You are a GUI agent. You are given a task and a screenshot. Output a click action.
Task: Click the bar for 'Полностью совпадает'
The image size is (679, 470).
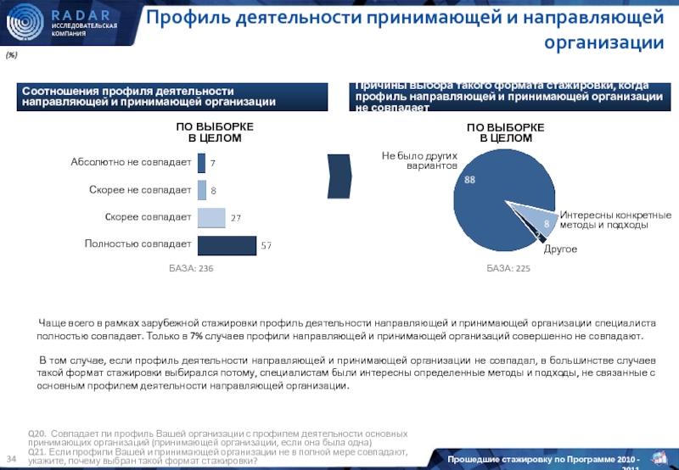click(227, 245)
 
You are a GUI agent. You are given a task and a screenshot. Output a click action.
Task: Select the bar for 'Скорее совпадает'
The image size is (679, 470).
click(211, 218)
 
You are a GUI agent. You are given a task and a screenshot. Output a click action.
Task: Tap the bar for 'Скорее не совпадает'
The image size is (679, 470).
click(202, 190)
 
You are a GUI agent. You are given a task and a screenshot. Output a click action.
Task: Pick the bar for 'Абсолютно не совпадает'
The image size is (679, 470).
click(201, 162)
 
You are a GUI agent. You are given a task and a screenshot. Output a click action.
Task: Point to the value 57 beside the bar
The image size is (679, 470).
click(266, 246)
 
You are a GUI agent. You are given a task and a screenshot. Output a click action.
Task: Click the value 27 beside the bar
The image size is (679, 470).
click(235, 219)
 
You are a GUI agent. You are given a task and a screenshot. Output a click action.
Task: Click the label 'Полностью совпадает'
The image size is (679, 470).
click(137, 244)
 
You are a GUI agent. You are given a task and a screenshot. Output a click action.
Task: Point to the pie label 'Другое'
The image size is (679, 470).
click(560, 249)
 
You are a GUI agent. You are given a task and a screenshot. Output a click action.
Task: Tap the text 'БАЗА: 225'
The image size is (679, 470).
click(508, 268)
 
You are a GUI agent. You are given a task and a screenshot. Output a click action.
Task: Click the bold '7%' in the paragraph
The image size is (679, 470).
click(195, 337)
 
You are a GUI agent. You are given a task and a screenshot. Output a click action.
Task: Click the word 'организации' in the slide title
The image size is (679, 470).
click(603, 42)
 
